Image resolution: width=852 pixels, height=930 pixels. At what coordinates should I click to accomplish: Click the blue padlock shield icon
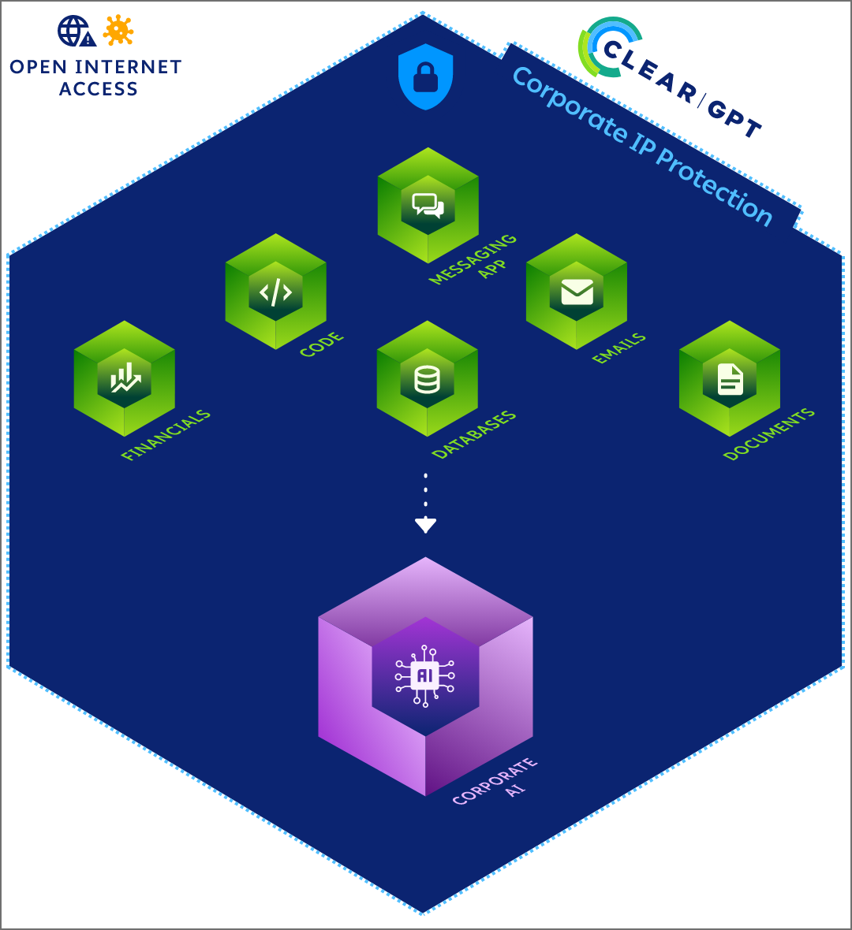(425, 76)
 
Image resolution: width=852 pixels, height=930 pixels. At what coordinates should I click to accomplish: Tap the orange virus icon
(118, 30)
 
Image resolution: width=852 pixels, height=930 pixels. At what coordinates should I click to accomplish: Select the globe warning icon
(76, 32)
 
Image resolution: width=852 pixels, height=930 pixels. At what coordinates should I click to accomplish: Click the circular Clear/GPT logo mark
(606, 47)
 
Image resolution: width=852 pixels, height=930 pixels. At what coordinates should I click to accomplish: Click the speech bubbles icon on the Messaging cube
(428, 206)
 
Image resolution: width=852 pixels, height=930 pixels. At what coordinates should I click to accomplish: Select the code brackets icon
(275, 292)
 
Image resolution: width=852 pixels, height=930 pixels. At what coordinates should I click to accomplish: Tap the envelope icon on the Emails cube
(577, 292)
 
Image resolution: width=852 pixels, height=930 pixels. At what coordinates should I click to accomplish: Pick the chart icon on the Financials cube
(125, 379)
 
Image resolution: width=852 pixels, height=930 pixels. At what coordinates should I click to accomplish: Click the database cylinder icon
(427, 379)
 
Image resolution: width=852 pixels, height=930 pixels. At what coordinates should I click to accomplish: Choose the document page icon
(730, 379)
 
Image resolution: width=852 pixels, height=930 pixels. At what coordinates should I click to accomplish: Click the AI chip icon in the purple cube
(425, 675)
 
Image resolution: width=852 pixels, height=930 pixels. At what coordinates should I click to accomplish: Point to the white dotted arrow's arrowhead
(425, 525)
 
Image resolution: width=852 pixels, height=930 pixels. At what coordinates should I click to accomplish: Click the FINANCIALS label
(166, 435)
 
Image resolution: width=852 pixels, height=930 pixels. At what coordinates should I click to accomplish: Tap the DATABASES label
(474, 434)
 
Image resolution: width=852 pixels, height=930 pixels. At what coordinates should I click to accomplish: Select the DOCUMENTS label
(768, 434)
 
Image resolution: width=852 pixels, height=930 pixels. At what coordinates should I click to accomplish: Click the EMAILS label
(619, 348)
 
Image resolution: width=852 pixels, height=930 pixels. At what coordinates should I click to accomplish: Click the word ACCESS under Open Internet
(99, 89)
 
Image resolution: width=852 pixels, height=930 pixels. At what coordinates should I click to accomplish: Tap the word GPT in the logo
(734, 119)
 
